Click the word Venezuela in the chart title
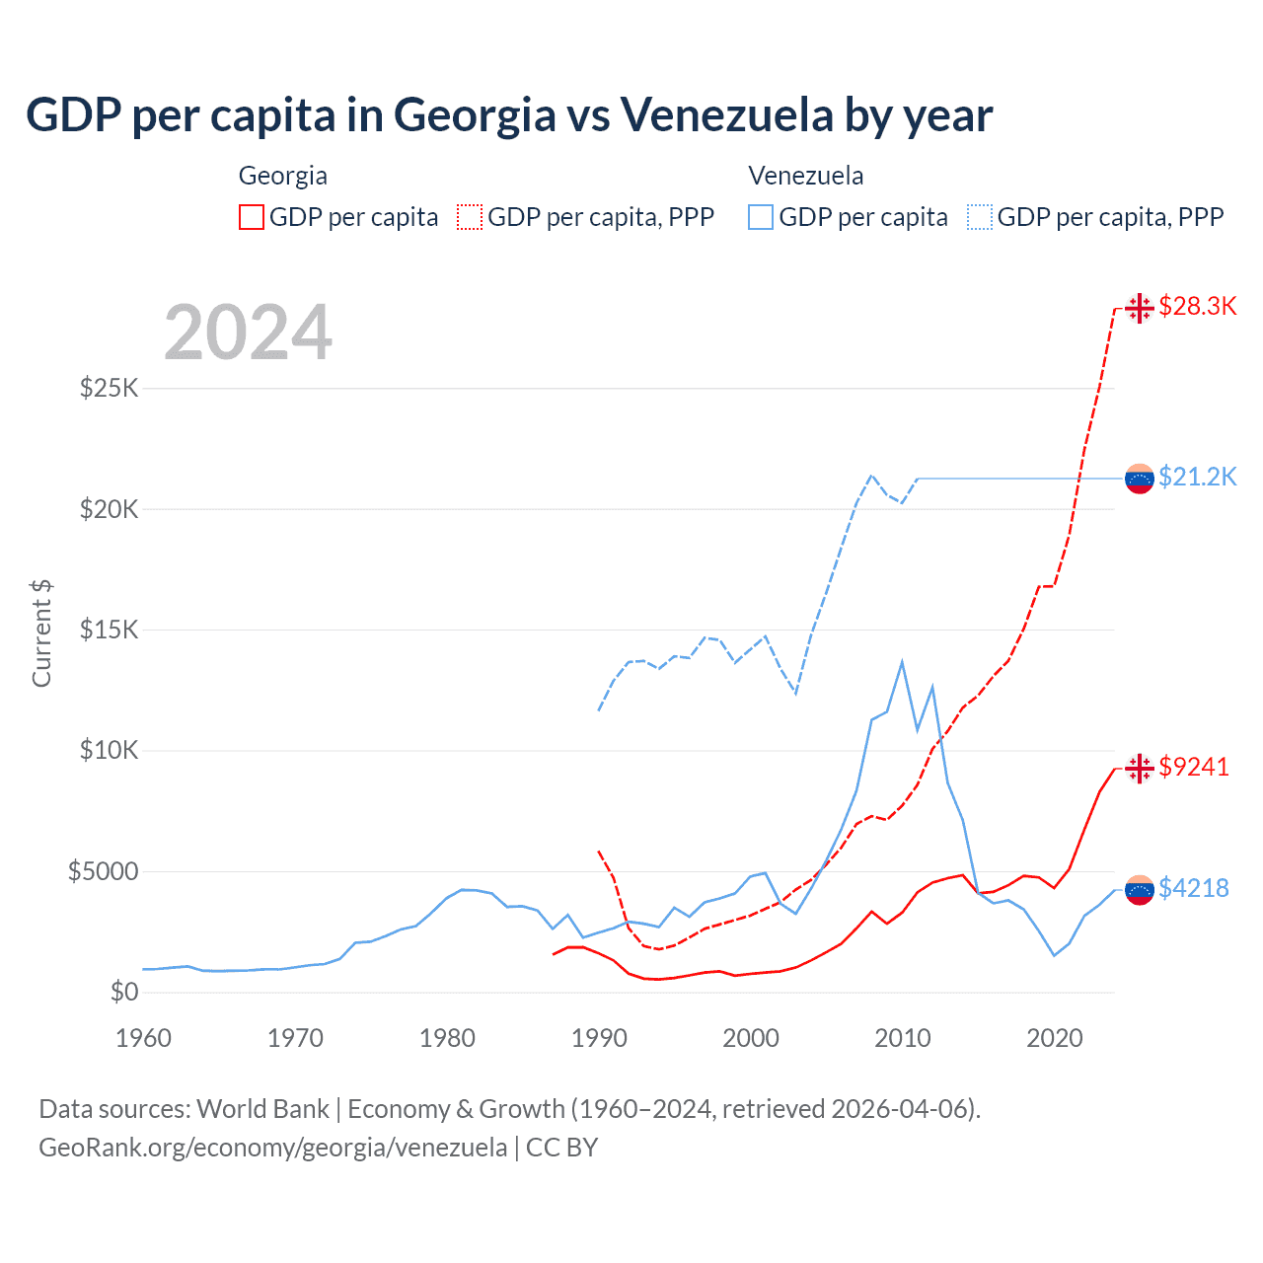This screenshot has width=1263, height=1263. (727, 115)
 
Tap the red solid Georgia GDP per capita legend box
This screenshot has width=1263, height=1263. (252, 217)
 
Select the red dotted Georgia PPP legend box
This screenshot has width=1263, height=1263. (470, 217)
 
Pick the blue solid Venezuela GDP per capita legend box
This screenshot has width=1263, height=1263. (761, 217)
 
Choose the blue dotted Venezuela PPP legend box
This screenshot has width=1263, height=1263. (980, 217)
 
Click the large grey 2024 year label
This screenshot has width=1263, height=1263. (248, 333)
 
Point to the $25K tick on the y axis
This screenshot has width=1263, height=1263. (109, 388)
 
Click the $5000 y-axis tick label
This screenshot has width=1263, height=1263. (103, 871)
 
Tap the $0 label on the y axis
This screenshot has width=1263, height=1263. (123, 992)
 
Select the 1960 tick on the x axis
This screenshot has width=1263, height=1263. (143, 1038)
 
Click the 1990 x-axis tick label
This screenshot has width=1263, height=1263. (599, 1038)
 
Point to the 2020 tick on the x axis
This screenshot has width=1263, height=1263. (1055, 1038)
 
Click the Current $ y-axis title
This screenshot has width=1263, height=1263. (41, 633)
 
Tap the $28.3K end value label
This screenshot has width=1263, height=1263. (1197, 306)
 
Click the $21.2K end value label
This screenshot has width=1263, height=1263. (1197, 477)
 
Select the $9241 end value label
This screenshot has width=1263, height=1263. (1194, 767)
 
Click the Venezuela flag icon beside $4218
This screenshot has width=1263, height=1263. (1140, 889)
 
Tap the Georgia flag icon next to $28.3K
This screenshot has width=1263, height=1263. (1140, 308)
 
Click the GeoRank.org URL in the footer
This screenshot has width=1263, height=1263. (272, 1148)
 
